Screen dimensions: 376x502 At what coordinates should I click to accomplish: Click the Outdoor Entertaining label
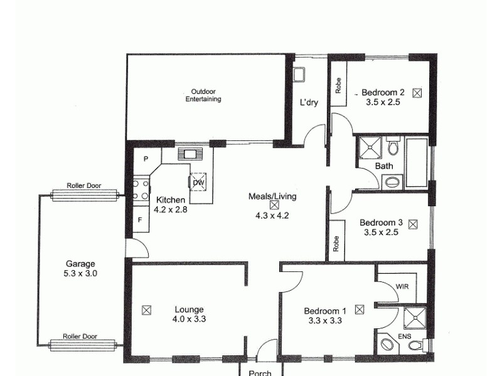click(x=203, y=95)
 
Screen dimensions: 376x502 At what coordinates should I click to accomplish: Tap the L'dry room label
click(x=309, y=103)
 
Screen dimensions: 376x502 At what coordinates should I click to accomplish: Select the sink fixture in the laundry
click(x=299, y=75)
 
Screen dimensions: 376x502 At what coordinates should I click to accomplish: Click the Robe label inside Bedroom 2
click(x=338, y=85)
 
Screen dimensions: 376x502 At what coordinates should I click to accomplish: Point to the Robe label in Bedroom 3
click(x=336, y=244)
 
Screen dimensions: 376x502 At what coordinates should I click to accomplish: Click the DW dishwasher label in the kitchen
click(x=198, y=182)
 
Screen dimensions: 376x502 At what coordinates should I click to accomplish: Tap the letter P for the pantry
click(x=145, y=159)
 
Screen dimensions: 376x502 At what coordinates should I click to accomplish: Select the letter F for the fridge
click(x=140, y=220)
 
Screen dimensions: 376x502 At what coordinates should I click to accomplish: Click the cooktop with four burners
click(x=141, y=189)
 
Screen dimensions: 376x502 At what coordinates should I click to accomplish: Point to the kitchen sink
click(x=188, y=154)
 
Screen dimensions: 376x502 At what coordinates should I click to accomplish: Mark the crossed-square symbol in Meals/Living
click(x=274, y=205)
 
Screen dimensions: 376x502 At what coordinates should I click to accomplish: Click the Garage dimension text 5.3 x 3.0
click(x=82, y=273)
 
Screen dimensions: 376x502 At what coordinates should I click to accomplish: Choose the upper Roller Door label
click(x=84, y=186)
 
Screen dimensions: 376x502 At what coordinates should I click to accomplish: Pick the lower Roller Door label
click(x=82, y=336)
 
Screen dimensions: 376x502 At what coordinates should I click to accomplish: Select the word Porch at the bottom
click(x=260, y=373)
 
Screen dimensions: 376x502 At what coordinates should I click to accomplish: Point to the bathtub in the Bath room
click(x=417, y=163)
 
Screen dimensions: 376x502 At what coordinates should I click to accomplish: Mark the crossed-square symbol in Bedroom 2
click(x=417, y=92)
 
